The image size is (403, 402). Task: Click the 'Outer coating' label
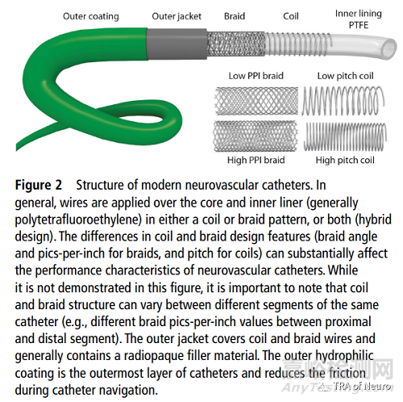point(91,17)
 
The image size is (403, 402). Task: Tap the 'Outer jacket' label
point(177,17)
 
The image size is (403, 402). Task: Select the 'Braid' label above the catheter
point(235,16)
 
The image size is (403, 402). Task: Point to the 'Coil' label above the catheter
point(291,16)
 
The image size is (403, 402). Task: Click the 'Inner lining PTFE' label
point(359,19)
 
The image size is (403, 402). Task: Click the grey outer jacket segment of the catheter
point(177,44)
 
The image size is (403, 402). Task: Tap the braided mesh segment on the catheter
point(236,44)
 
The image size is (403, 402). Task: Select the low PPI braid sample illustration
point(256,101)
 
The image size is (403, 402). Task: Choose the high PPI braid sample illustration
point(256,136)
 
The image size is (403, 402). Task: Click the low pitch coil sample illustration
point(343,101)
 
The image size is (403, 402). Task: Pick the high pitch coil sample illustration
point(345,137)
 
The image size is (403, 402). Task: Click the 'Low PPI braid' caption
point(256,76)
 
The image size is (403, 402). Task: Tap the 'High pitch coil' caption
point(345,161)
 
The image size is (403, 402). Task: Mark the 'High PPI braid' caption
point(256,161)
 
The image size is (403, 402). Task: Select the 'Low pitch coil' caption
point(345,77)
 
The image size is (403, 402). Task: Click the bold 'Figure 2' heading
point(39,186)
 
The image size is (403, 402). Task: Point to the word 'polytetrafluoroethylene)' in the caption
point(78,220)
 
